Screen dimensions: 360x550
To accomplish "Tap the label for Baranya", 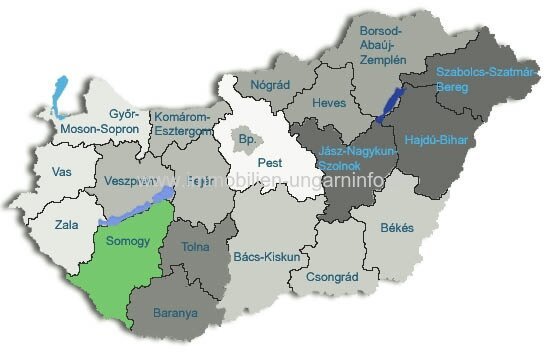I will tap(176, 312).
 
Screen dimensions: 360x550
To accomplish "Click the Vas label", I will tap(61, 173).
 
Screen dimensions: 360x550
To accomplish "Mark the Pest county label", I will tap(270, 162).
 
